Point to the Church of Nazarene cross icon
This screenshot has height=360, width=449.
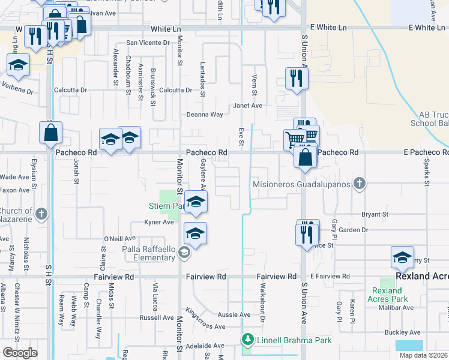click(41, 214)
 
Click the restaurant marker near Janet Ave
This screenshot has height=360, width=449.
click(297, 79)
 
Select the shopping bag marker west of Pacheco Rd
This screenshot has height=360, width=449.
click(50, 133)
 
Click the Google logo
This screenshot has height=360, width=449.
click(20, 352)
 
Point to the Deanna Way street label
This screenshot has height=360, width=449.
click(204, 114)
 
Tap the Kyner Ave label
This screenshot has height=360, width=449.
click(159, 222)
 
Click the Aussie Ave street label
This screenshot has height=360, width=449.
click(237, 314)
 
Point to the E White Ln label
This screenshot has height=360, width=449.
click(328, 28)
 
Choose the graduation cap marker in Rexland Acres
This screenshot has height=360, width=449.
click(402, 257)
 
